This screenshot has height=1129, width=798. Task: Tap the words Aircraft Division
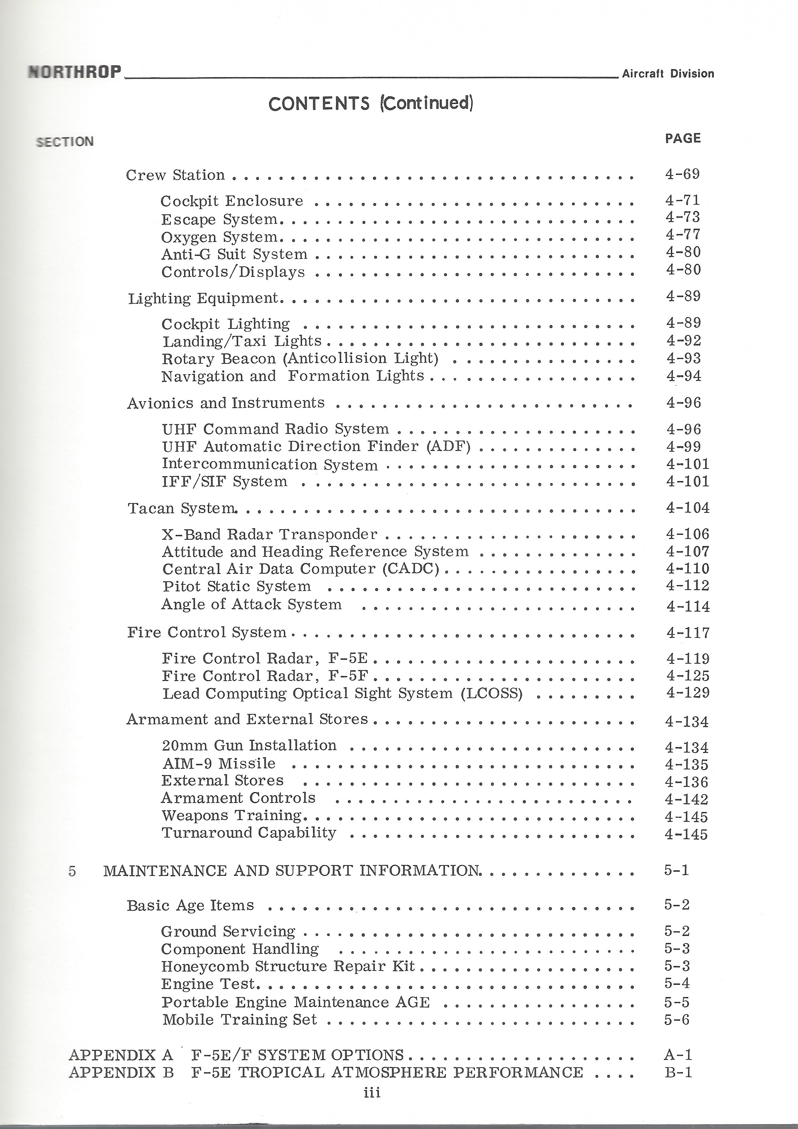coord(668,74)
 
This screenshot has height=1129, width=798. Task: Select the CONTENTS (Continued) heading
coord(371,103)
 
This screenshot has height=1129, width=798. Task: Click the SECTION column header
coord(65,142)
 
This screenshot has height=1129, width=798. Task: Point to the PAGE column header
coord(683,138)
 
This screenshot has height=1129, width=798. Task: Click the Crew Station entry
coord(175,175)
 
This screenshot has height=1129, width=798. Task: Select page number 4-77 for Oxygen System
coord(683,235)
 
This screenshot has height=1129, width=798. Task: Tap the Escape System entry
coord(219,219)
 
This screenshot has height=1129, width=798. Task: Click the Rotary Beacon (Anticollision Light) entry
coord(300,359)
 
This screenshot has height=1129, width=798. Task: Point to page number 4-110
coord(688,568)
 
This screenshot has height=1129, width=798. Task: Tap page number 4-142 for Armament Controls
coord(686,799)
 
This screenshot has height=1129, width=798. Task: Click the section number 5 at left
coord(72,871)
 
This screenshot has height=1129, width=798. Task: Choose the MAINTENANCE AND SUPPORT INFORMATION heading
coord(291,871)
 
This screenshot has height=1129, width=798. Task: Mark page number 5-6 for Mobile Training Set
coord(677,1019)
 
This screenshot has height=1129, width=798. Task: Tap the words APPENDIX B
coord(121,1072)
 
